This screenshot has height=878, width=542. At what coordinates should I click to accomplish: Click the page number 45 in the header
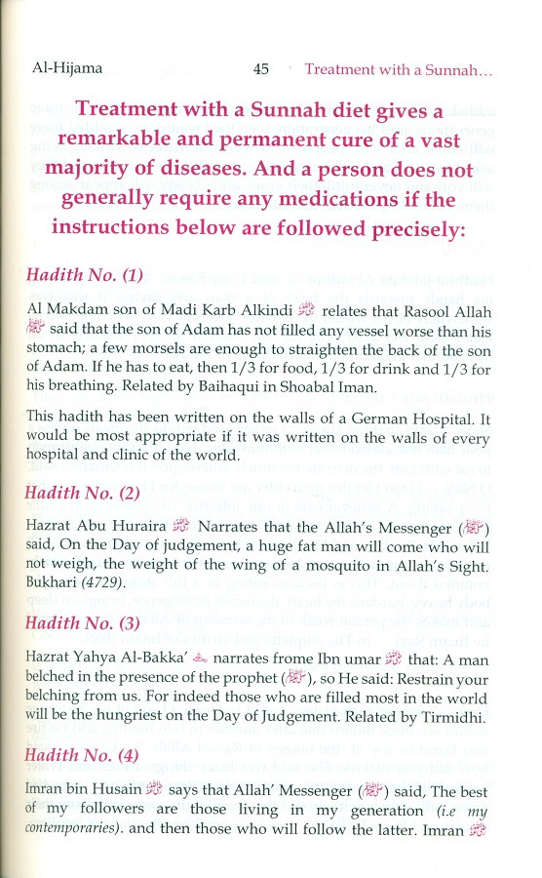tap(260, 69)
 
